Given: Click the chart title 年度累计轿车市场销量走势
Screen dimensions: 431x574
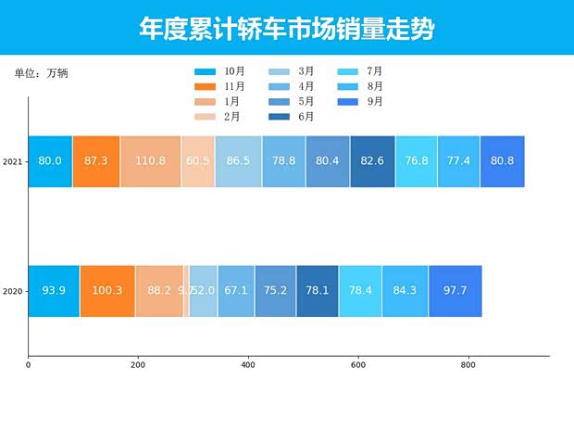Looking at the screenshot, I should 286,29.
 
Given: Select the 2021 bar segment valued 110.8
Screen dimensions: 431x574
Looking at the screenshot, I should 150,161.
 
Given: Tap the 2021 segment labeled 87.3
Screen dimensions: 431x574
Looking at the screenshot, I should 96,161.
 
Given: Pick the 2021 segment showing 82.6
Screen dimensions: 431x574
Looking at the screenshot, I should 372,161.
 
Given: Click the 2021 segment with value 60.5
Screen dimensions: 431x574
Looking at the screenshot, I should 198,161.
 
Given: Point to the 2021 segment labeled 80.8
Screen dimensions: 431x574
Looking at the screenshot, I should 503,161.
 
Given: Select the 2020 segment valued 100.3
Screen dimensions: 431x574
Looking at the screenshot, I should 107,291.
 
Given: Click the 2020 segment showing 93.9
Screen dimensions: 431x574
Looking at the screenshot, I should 54,291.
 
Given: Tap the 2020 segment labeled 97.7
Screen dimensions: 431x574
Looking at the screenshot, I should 455,291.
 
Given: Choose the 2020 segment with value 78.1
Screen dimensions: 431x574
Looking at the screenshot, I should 318,291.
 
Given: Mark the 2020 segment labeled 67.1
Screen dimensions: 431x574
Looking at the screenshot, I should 236,291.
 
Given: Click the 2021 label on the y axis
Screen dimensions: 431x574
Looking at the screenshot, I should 13,162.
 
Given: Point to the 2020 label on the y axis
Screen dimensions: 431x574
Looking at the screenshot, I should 13,291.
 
